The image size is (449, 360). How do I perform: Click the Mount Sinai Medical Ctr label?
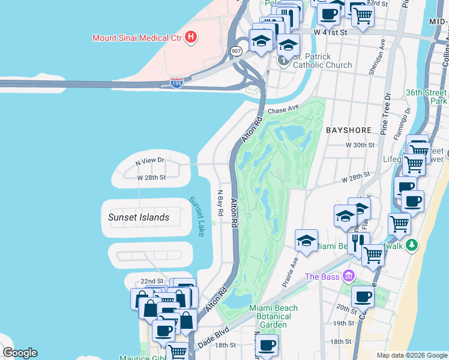[137, 38]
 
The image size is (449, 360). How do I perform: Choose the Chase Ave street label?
[283, 110]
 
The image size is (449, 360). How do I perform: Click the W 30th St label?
[360, 145]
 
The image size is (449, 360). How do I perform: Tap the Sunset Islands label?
[139, 217]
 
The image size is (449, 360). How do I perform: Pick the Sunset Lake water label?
[196, 217]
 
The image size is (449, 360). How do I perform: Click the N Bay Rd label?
[220, 204]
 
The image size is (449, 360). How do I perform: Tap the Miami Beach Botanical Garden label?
[273, 316]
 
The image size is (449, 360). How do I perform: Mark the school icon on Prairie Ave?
[306, 241]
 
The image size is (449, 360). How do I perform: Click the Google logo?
[20, 353]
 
